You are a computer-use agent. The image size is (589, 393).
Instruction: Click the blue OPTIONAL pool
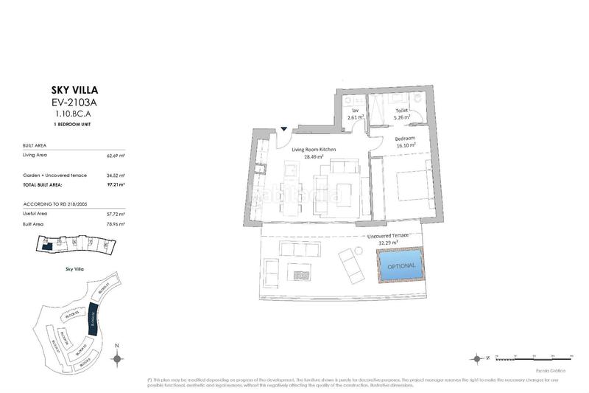(402, 265)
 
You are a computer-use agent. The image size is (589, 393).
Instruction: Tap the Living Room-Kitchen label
(314, 150)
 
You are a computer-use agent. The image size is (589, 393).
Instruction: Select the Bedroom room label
(405, 139)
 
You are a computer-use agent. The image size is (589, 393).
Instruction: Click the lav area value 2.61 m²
(357, 116)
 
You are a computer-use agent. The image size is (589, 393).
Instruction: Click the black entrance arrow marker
(283, 131)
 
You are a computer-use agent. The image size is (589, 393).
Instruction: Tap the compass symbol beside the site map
(116, 359)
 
